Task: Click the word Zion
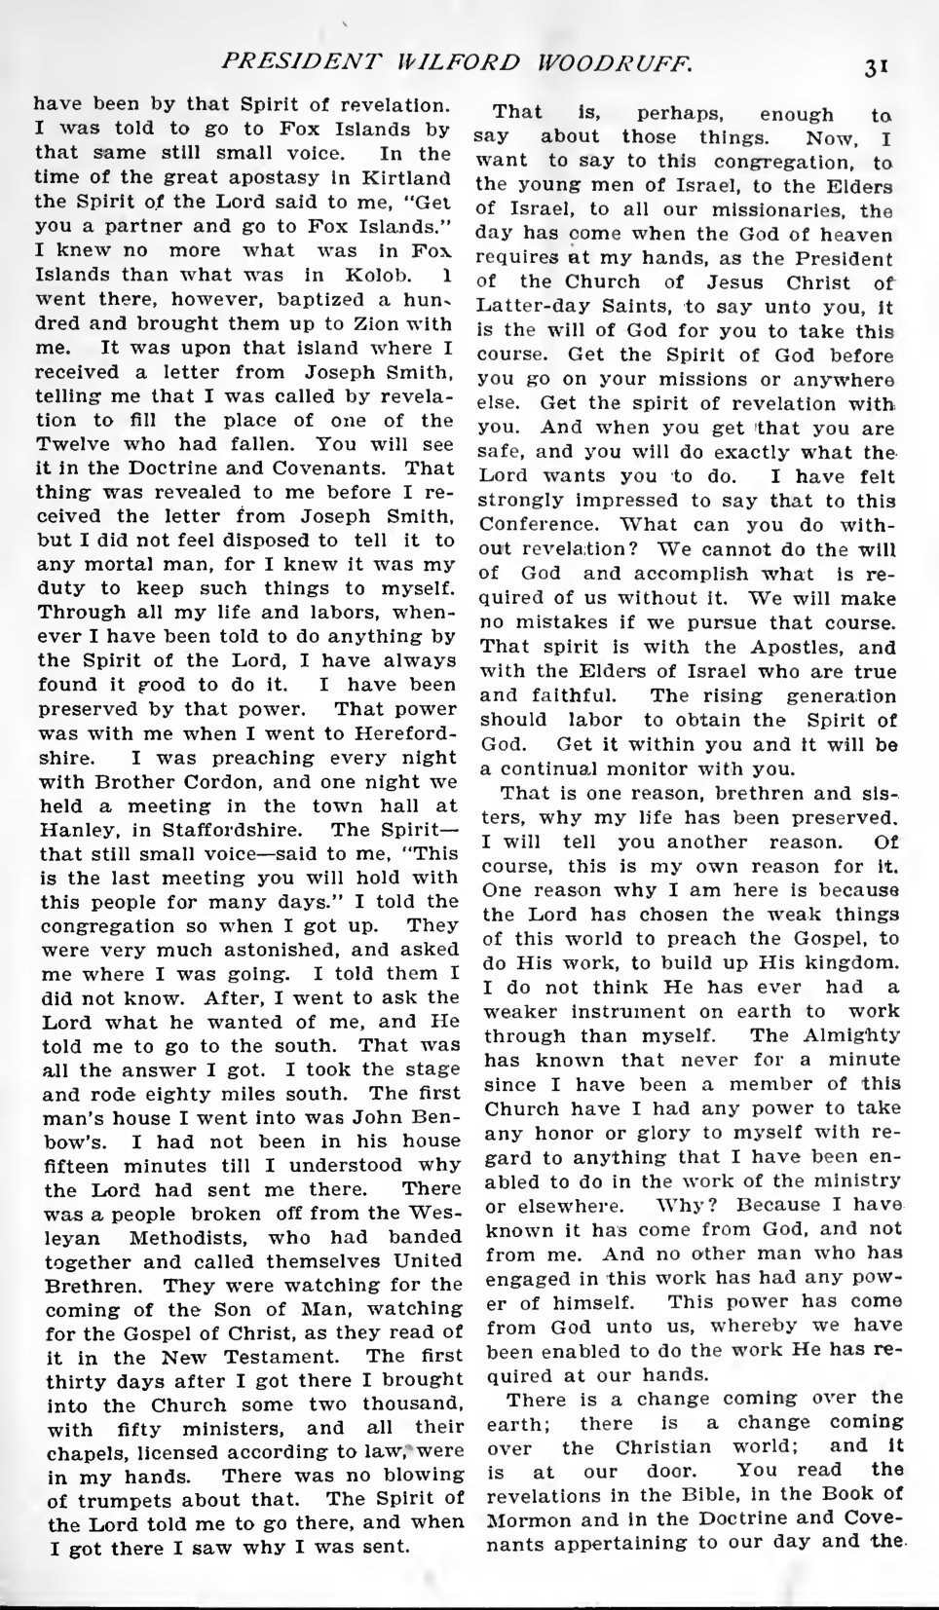pos(350,324)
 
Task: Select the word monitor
pos(680,767)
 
